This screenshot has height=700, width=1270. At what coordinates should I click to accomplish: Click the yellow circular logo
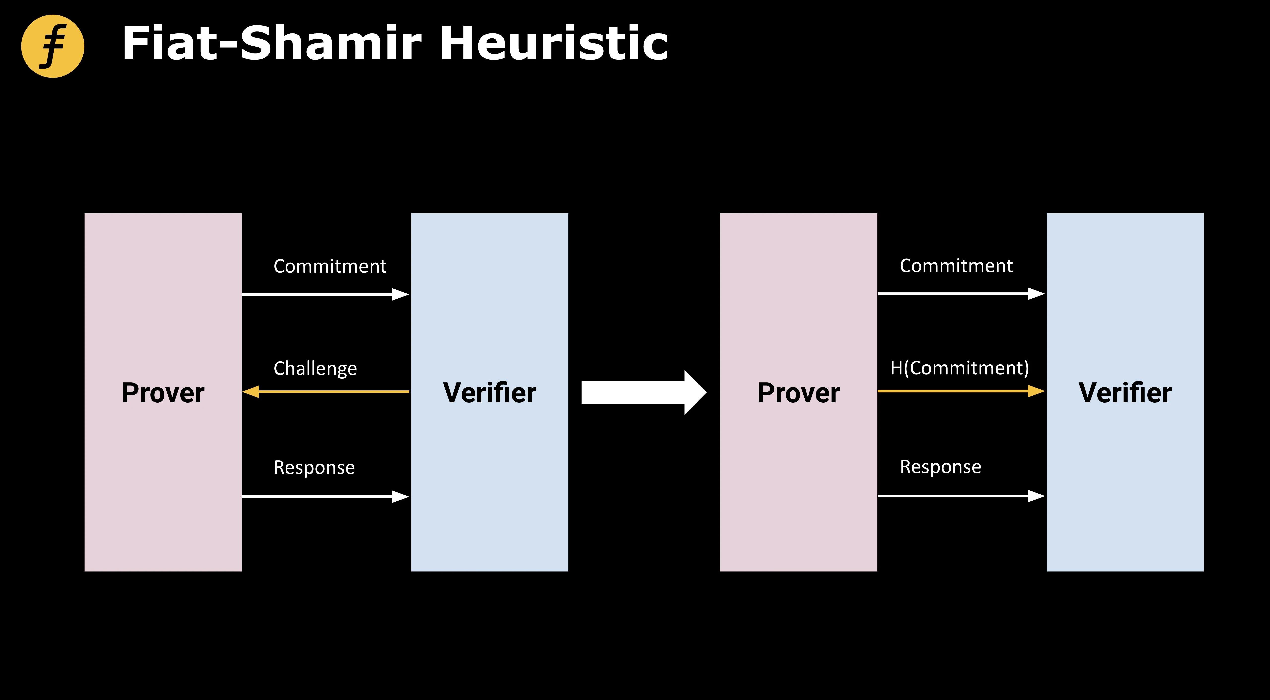coord(53,46)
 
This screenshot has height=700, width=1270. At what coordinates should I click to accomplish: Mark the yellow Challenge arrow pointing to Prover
coord(325,392)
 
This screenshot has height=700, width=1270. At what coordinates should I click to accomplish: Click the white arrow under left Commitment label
coord(325,294)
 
